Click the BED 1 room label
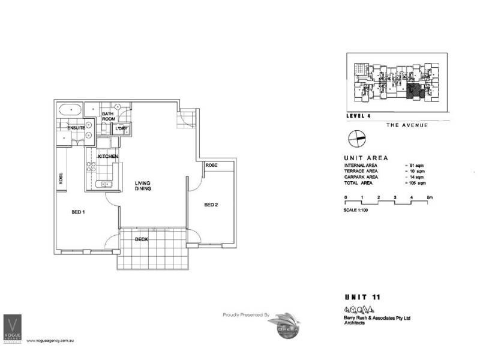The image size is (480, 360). pyautogui.click(x=78, y=212)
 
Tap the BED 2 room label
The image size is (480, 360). pyautogui.click(x=211, y=205)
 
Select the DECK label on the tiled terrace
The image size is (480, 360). pyautogui.click(x=141, y=239)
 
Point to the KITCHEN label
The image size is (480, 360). pyautogui.click(x=108, y=157)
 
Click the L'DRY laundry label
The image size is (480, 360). pyautogui.click(x=123, y=128)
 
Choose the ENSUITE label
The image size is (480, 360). pyautogui.click(x=76, y=128)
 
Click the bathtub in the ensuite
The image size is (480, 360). pyautogui.click(x=70, y=110)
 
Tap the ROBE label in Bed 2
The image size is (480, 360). pyautogui.click(x=211, y=165)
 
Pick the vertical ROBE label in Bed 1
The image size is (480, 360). pyautogui.click(x=61, y=178)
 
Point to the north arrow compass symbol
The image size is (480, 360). pyautogui.click(x=355, y=139)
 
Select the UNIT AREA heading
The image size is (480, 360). pyautogui.click(x=365, y=158)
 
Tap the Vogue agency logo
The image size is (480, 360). pyautogui.click(x=13, y=329)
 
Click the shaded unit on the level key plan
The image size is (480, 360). pyautogui.click(x=413, y=91)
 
